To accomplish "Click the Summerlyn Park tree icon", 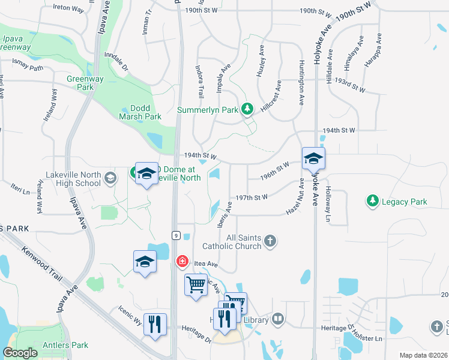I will (247, 109).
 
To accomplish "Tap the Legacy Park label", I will (405, 202).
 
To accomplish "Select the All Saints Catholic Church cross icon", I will (270, 241).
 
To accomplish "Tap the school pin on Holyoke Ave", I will (313, 160).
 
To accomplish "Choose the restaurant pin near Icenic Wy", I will (155, 325).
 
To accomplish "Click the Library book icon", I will (277, 319).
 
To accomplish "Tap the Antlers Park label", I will (65, 345).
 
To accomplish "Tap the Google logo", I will (20, 353).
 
